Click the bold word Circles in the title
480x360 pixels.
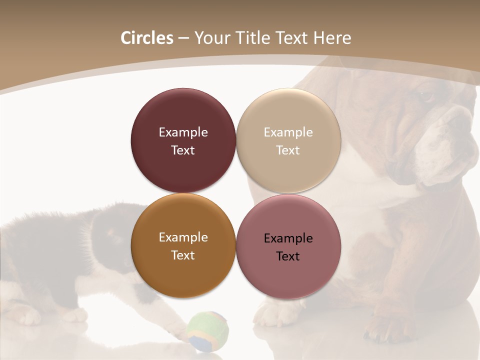coord(146,38)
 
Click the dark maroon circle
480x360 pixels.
coord(183,141)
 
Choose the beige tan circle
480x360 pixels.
coord(288,141)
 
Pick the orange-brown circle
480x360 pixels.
coord(183,246)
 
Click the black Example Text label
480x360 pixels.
coord(288,247)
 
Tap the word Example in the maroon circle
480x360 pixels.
coord(183,132)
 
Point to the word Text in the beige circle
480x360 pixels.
coord(288,150)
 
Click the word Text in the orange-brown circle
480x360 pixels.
coord(183,255)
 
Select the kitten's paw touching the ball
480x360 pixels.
coord(175,327)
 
